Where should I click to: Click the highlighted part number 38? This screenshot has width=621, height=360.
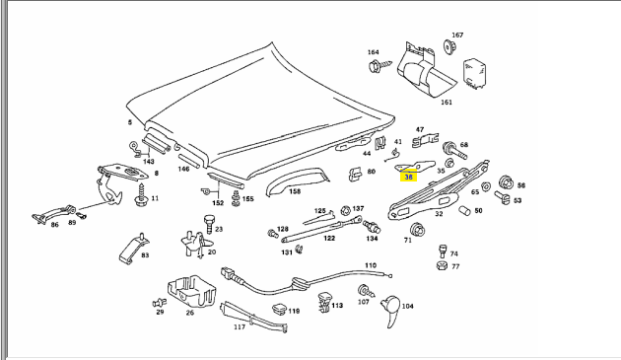coord(408,178)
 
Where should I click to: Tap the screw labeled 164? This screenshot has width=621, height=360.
coord(379,66)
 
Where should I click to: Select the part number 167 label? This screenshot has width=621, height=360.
coord(457,35)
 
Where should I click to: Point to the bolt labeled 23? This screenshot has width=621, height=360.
coord(209,225)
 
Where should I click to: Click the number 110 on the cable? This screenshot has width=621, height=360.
coord(371,265)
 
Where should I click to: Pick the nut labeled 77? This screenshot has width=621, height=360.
coord(442,265)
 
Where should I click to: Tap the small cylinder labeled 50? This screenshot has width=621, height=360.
coord(464,210)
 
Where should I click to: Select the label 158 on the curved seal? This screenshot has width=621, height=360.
coord(295,191)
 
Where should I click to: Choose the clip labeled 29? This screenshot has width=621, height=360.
coord(160,303)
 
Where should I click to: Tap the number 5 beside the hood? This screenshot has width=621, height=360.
coord(130,122)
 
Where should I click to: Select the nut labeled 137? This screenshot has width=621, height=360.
coord(345,210)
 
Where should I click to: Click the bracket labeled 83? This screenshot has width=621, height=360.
coord(133,249)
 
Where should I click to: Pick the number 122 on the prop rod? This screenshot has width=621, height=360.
coord(329,238)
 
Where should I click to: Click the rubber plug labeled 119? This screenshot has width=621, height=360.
coord(279,310)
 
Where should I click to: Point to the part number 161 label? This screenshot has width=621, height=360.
coord(447,102)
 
